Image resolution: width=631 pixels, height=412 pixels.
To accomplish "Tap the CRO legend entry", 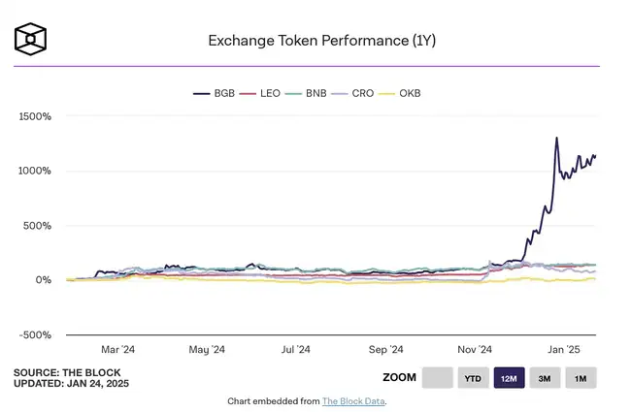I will coord(355,93).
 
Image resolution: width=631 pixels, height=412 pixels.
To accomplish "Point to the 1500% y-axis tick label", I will coord(35,116).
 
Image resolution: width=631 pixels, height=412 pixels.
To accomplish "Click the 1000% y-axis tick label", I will coord(35,171).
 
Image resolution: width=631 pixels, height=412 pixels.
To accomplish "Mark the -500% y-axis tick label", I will coord(36,334).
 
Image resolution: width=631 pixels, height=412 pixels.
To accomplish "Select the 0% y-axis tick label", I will coord(44,280).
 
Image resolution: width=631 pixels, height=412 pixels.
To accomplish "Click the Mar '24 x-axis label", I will coord(117,350).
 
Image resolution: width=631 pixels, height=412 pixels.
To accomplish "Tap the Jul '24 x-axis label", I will coord(295,350).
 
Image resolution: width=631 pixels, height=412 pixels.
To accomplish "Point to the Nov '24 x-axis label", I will coord(475,350).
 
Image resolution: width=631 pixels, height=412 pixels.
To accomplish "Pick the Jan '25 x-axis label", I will coord(563,350).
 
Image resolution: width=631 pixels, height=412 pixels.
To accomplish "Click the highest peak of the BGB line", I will coord(556,138).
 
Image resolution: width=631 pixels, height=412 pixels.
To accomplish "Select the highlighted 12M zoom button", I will coord(509,378).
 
